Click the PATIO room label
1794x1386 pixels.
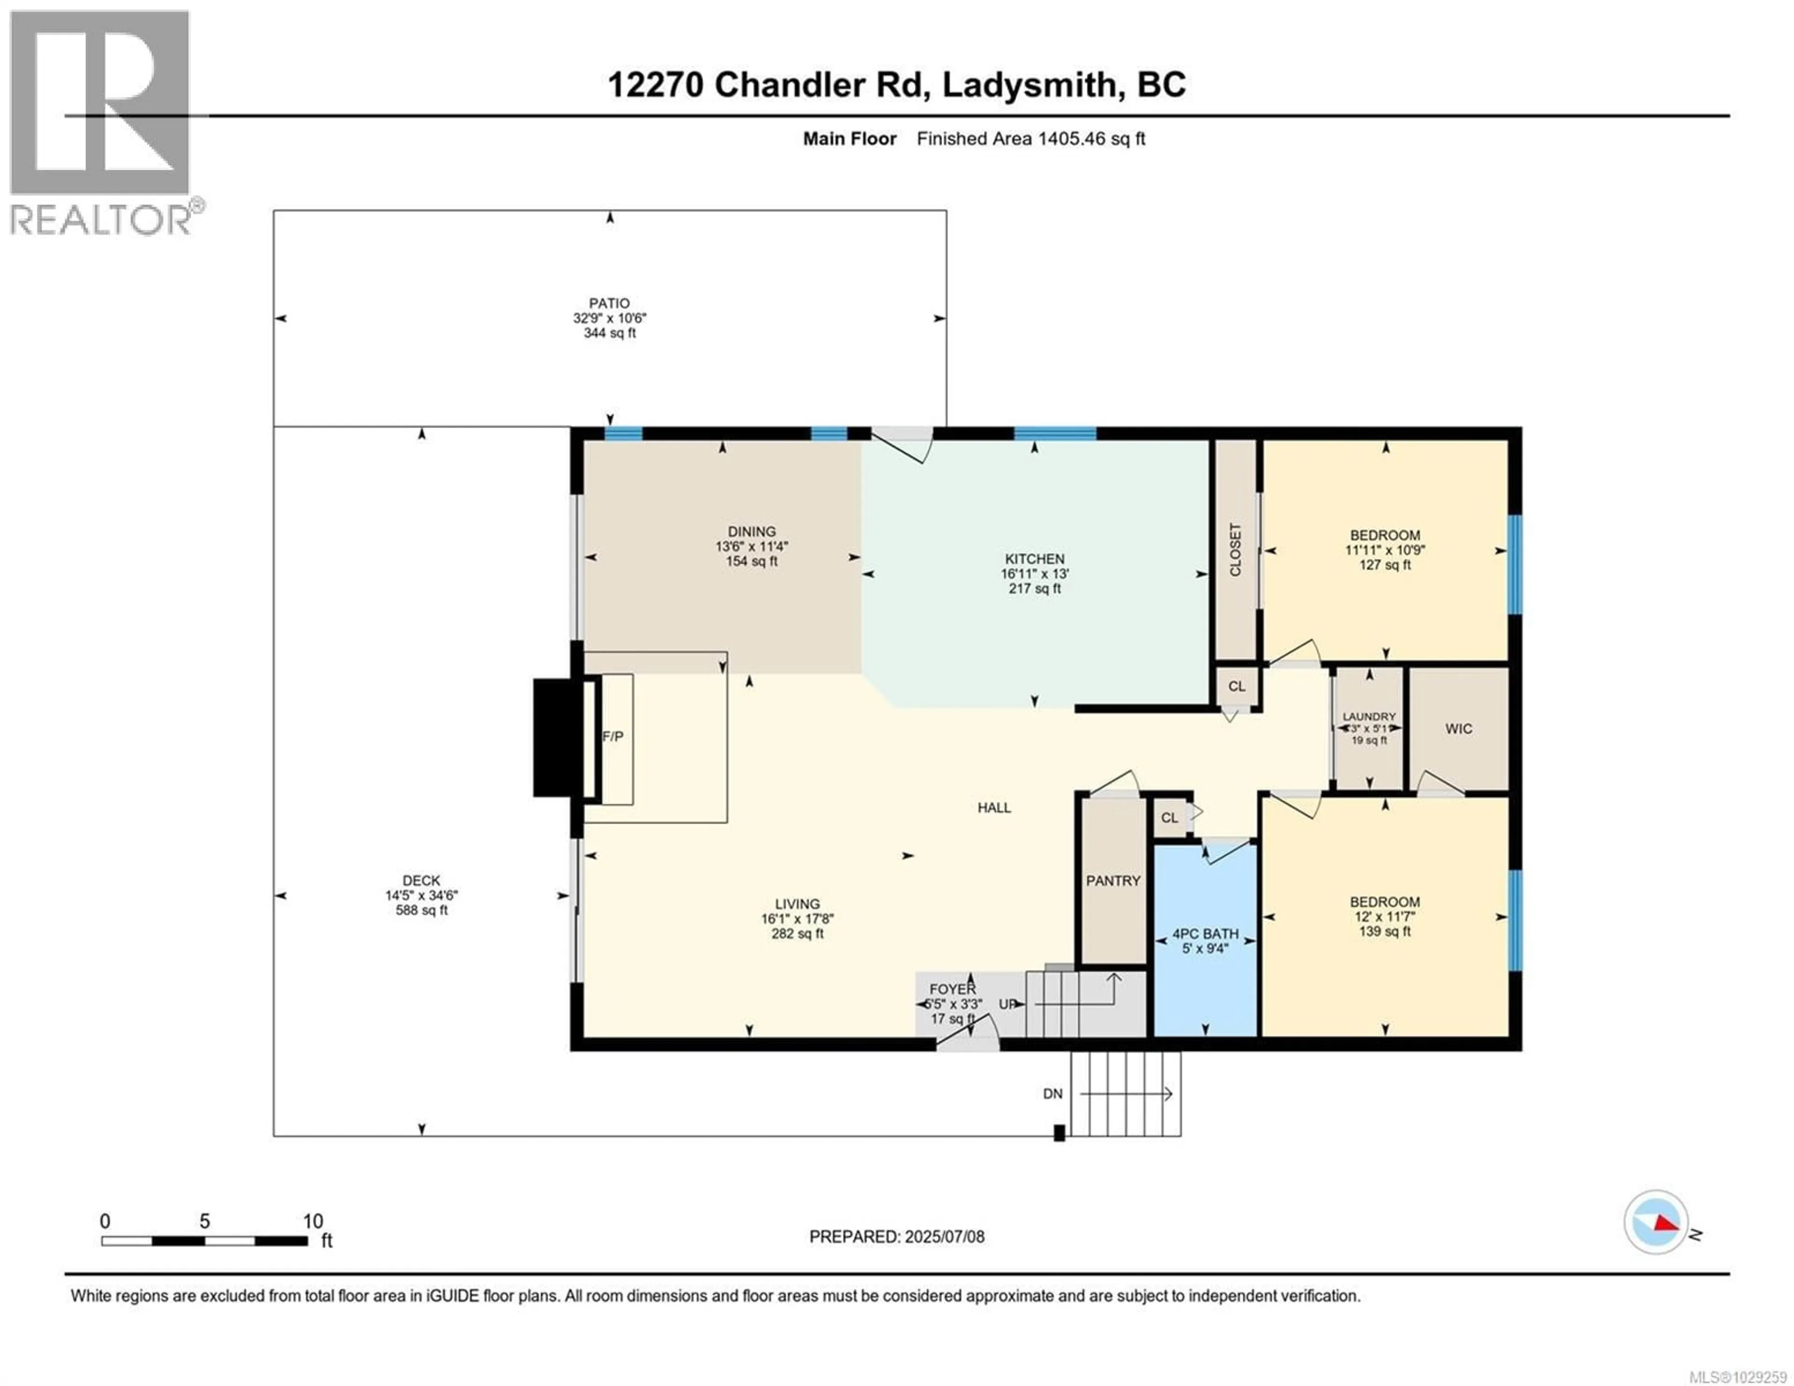pos(609,303)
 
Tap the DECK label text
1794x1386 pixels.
pos(421,880)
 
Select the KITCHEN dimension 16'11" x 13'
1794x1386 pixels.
pos(1034,574)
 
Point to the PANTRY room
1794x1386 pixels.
pos(1113,881)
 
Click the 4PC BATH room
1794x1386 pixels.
pos(1205,941)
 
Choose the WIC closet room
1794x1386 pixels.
pos(1459,729)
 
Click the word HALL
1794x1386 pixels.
pos(994,808)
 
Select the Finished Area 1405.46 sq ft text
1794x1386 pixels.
pos(1031,139)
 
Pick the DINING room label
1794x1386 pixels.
pos(751,532)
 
